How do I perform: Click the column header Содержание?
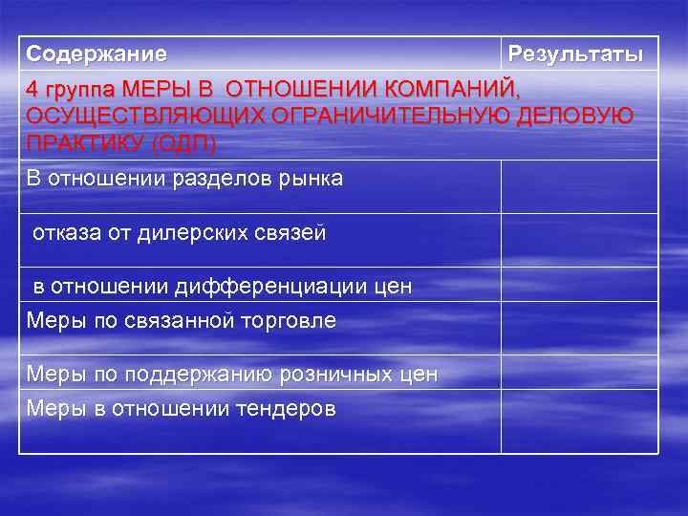click(97, 54)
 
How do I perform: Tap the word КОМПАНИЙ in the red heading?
click(453, 90)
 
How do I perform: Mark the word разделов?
click(207, 180)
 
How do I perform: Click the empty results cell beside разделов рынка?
click(579, 186)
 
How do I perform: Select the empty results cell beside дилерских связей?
click(579, 240)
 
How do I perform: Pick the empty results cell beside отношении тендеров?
click(579, 420)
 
